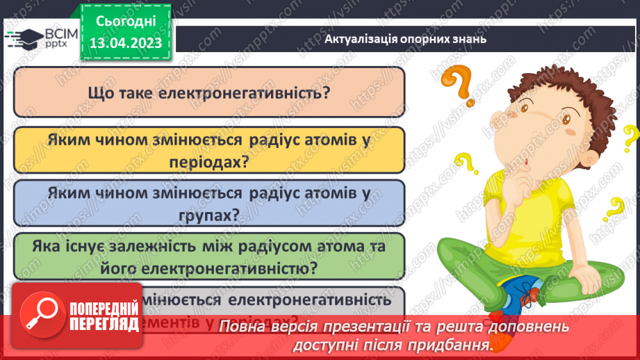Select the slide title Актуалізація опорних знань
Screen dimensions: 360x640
coord(405,38)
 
